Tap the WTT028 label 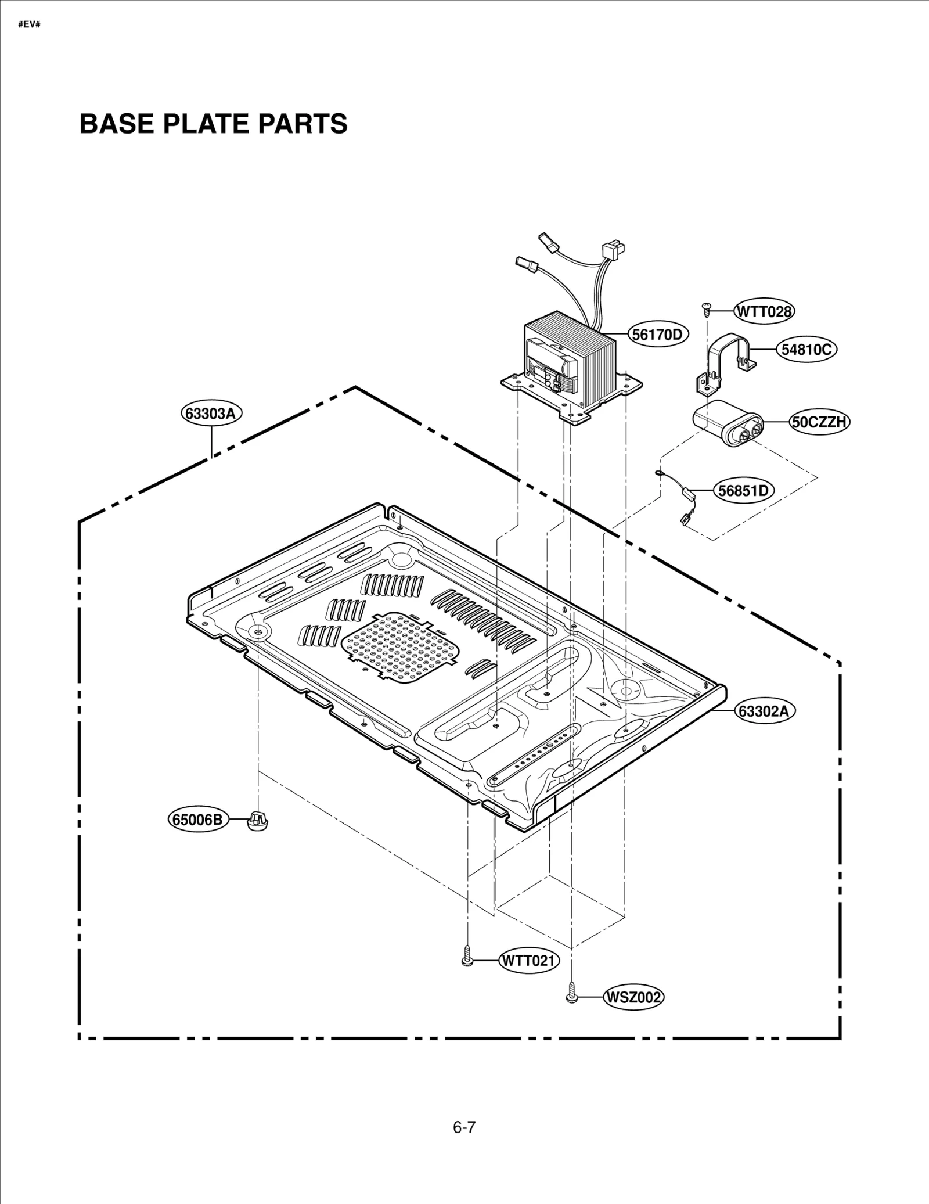(x=764, y=311)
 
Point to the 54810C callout (x=806, y=350)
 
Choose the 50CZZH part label (x=819, y=422)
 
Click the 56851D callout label (x=743, y=491)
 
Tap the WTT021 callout (x=528, y=961)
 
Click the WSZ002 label (x=633, y=998)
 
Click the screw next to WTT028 (x=707, y=308)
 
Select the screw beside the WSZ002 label (x=572, y=995)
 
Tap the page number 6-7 (x=464, y=1127)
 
